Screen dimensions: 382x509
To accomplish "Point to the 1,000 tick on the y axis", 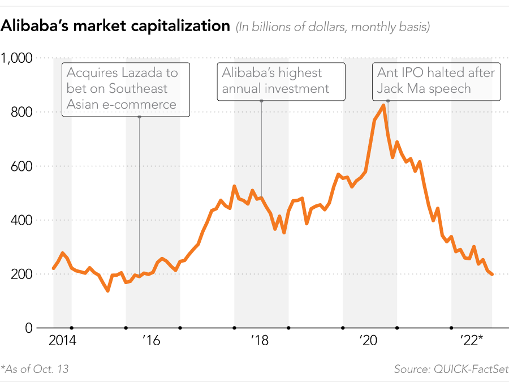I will point(17,58).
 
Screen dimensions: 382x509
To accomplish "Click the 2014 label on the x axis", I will point(62,341).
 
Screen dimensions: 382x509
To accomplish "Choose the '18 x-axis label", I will point(259,341).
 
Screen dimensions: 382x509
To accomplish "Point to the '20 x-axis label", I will point(368,341).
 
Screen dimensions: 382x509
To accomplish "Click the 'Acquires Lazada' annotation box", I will point(126,89).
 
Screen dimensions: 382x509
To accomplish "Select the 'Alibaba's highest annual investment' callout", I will point(281,81).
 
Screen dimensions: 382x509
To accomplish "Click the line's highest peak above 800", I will point(384,105).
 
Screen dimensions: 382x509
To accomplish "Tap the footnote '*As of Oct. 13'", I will point(35,369).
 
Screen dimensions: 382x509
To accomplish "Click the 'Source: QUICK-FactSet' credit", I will point(451,369).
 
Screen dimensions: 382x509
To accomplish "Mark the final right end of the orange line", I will point(492,274).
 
